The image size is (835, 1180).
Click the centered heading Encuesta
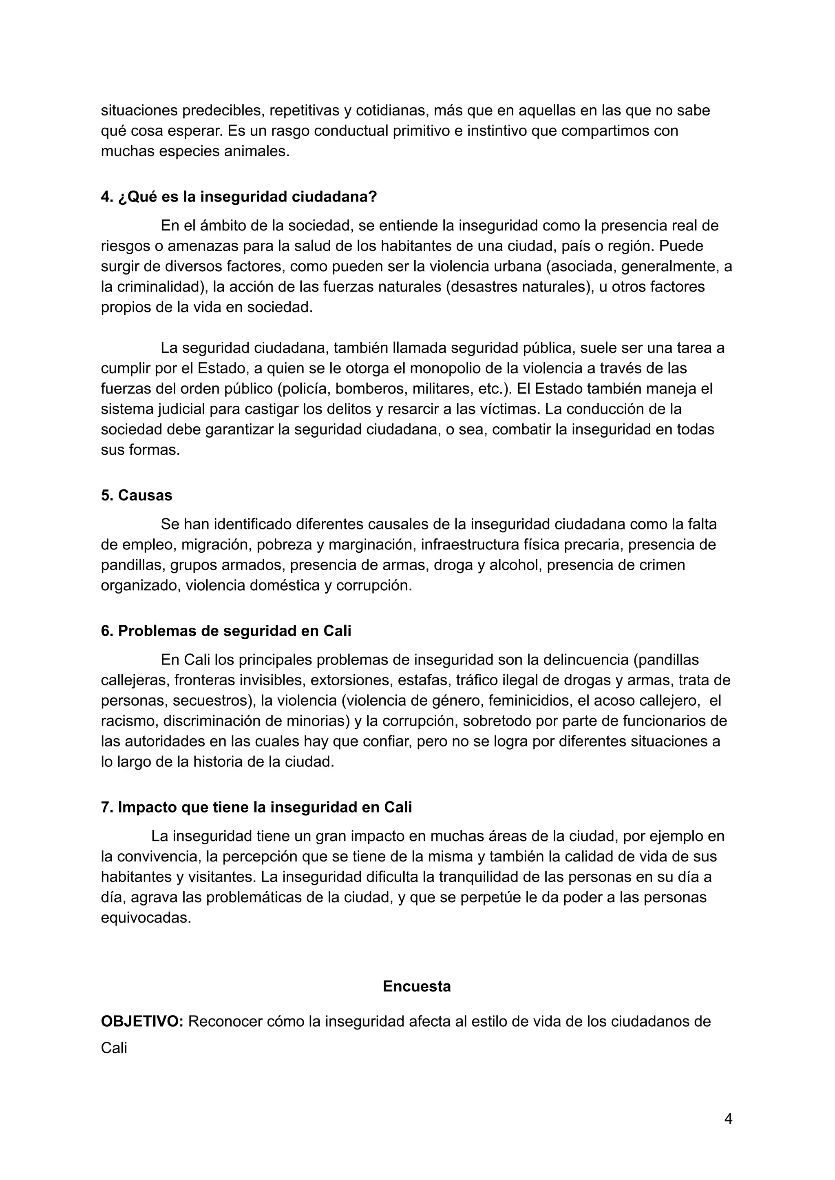(x=417, y=986)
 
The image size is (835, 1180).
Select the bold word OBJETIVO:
(x=142, y=1021)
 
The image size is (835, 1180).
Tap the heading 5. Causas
(x=137, y=495)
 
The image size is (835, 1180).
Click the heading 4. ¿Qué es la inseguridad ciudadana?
(x=239, y=197)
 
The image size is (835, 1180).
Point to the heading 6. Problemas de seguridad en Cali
(x=226, y=631)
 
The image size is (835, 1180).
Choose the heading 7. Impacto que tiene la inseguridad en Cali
(x=256, y=807)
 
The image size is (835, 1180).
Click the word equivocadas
(x=146, y=918)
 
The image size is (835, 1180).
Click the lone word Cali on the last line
(x=114, y=1048)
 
